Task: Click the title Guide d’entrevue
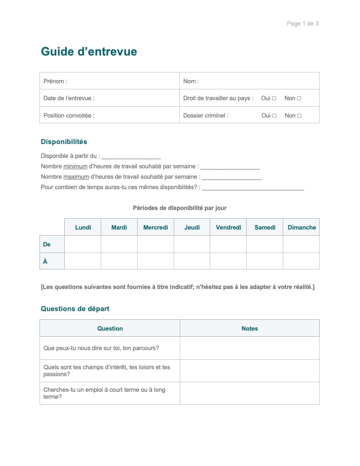click(89, 52)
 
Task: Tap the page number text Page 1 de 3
click(303, 23)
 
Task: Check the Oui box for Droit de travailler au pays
click(274, 98)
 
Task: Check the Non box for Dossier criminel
click(299, 116)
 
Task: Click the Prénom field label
click(55, 81)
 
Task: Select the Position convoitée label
click(69, 115)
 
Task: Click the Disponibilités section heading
click(64, 141)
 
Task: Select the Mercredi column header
click(155, 227)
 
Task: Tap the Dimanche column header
click(302, 227)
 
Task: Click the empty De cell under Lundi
click(83, 244)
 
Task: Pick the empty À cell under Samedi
click(264, 261)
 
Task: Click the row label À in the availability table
click(46, 261)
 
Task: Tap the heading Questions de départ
click(75, 309)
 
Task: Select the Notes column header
click(250, 328)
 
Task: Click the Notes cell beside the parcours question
click(250, 348)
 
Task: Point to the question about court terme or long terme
click(104, 393)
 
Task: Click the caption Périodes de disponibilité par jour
click(180, 208)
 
